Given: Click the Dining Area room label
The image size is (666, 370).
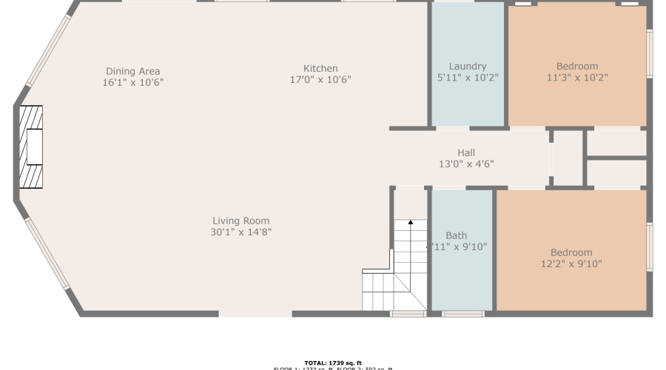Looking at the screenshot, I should [x=132, y=71].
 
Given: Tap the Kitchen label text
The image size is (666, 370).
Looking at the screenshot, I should [x=320, y=68].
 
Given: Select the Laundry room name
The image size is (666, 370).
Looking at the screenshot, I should [x=467, y=66].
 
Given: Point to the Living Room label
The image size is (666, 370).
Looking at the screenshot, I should [x=240, y=221].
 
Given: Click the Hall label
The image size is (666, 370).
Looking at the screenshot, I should [x=465, y=152].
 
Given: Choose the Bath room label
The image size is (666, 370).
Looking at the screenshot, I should [x=456, y=235].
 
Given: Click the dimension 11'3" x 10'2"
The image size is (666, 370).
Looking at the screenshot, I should [x=577, y=77].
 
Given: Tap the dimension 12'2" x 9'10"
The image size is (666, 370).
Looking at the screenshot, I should [x=571, y=263].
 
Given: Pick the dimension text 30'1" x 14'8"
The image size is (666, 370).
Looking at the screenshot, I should [x=240, y=232].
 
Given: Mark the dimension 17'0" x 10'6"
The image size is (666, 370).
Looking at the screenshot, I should [x=320, y=79].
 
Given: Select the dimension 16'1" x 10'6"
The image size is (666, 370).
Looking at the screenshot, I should [x=132, y=82].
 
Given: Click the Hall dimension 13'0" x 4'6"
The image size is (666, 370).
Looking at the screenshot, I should [x=465, y=164].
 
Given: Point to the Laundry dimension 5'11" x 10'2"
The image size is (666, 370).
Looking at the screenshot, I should [x=467, y=77].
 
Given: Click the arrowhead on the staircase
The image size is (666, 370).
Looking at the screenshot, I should [x=410, y=221].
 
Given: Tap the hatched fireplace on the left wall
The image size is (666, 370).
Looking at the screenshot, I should [x=31, y=147].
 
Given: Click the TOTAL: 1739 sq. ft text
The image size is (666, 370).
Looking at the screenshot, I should [x=332, y=363].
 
